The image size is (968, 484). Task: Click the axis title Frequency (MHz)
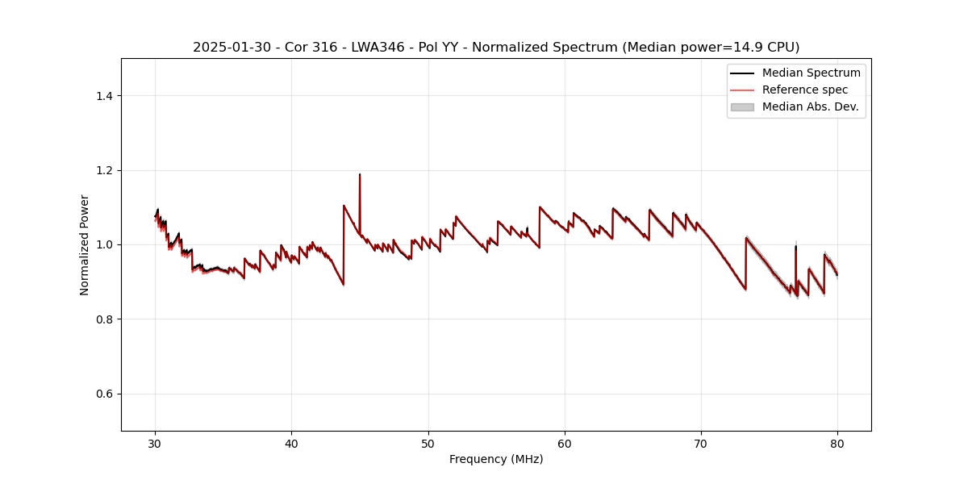click(496, 459)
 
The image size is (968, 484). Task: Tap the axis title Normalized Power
click(85, 244)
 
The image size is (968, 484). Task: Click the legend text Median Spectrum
click(811, 73)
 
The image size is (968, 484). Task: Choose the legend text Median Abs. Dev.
click(810, 106)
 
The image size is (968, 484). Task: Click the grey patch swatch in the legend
click(742, 106)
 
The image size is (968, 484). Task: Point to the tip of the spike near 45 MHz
click(360, 174)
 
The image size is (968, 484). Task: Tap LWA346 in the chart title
click(380, 48)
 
